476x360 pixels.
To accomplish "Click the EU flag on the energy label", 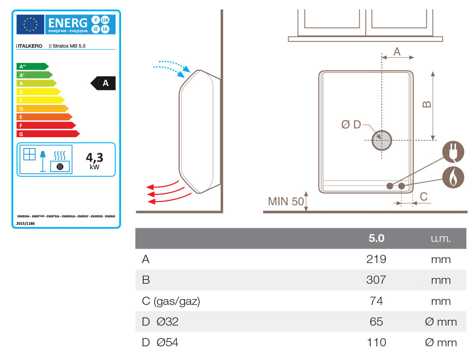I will (x=30, y=24).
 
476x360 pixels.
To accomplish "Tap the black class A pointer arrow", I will (x=104, y=83).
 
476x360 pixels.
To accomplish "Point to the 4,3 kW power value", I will (x=94, y=160).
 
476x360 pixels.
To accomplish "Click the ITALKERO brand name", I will (x=30, y=46).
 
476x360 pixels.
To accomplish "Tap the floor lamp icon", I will (x=43, y=159).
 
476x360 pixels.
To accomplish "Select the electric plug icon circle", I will (x=453, y=152).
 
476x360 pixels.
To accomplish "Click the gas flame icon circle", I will (x=453, y=178).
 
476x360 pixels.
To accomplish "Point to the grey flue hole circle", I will (x=382, y=140).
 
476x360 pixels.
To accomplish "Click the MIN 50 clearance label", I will (x=285, y=201).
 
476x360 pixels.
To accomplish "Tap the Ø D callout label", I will (x=351, y=125).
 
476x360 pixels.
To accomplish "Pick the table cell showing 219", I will (x=376, y=259).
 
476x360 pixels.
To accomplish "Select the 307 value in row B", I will (x=376, y=280).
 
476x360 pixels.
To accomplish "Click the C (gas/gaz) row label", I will (x=171, y=301).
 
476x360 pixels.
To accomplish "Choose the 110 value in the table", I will (x=376, y=342).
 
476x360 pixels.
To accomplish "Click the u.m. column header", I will (x=441, y=238).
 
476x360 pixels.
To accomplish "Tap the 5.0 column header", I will (x=376, y=238).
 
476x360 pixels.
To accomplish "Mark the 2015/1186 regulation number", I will (x=26, y=224).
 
